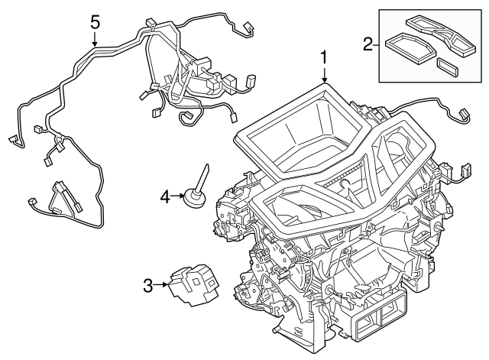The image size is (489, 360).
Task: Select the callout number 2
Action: (x=368, y=44)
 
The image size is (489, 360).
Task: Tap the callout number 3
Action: (x=148, y=286)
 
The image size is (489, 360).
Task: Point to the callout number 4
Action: (x=164, y=198)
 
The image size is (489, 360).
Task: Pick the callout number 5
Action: (x=95, y=22)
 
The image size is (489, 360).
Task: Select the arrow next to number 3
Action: (x=162, y=286)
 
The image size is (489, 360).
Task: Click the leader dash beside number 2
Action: (x=378, y=44)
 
